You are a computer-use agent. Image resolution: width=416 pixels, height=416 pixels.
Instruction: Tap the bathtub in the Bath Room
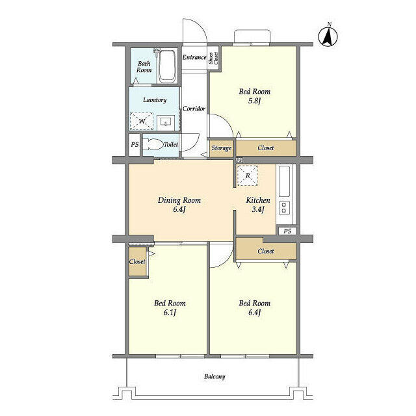coord(167,66)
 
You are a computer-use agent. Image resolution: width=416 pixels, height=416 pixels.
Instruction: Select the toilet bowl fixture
coord(153,144)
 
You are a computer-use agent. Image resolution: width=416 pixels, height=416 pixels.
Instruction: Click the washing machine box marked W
coord(142,121)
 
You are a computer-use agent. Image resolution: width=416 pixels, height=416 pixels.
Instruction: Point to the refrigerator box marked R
coord(248,175)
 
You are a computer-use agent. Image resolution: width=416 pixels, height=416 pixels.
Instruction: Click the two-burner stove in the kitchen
coord(284,208)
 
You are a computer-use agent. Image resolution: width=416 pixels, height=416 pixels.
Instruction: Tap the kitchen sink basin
coord(285,181)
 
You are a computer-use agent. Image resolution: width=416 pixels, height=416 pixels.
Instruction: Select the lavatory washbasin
coord(166,122)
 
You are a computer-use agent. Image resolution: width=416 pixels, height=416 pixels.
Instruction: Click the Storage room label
coord(222,148)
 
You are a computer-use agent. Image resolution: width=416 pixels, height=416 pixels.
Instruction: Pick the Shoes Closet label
coord(214,58)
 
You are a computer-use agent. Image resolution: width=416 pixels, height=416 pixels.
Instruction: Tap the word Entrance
coord(194,57)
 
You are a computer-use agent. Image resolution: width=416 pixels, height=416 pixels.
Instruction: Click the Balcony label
coord(214,376)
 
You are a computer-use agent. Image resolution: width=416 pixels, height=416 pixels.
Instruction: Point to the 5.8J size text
coord(255,101)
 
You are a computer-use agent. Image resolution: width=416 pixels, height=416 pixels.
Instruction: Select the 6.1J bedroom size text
coord(170,313)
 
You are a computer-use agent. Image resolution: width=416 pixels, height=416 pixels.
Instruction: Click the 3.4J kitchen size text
coord(258,209)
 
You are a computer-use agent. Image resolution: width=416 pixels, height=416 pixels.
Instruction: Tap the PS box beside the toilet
coord(135,145)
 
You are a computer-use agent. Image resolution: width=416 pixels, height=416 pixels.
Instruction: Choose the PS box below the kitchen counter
coord(287,231)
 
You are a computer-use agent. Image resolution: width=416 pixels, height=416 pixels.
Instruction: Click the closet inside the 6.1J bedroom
coord(137,261)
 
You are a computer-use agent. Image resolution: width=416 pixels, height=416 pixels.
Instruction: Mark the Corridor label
coord(194,109)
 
